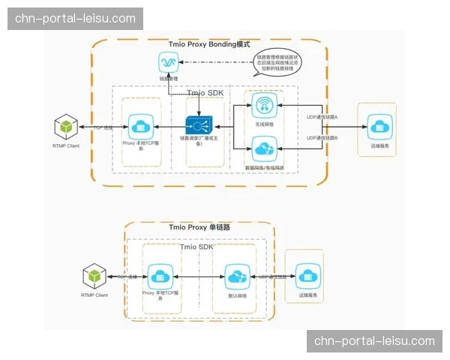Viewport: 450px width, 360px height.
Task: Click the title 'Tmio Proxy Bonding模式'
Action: click(x=209, y=45)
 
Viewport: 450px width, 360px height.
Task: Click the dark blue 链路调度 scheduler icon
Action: click(x=199, y=125)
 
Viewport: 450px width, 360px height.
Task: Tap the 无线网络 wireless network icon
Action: click(x=264, y=105)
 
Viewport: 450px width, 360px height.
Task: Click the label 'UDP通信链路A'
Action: click(x=322, y=118)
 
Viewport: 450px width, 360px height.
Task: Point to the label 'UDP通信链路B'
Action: click(x=322, y=139)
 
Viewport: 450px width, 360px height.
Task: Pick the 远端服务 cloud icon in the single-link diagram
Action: click(x=309, y=276)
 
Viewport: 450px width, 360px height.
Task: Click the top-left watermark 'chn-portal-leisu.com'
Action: click(x=75, y=18)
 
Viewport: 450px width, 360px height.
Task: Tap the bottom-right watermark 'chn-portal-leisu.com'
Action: click(x=374, y=341)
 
